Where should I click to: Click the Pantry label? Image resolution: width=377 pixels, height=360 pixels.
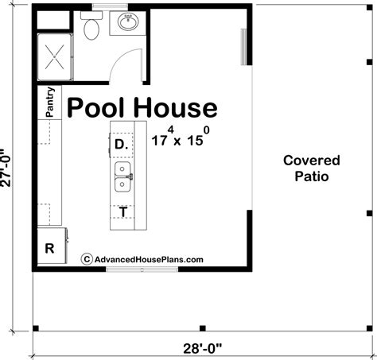[51, 103]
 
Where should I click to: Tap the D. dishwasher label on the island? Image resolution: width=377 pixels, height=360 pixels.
[122, 145]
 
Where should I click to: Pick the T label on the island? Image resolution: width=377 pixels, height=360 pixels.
[122, 212]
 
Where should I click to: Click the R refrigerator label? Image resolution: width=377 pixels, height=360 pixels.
[49, 248]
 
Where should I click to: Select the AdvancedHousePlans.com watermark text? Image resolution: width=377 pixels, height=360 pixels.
[148, 259]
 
